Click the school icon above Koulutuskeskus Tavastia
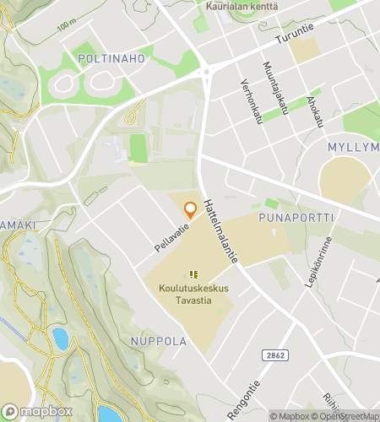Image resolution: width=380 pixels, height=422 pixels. [x=193, y=274]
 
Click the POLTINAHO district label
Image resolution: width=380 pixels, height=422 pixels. [x=111, y=58]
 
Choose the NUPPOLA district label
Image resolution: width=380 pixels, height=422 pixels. [x=159, y=342]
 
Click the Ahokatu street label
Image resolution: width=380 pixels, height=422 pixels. [x=316, y=111]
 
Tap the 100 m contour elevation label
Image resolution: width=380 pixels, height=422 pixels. [x=67, y=26]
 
